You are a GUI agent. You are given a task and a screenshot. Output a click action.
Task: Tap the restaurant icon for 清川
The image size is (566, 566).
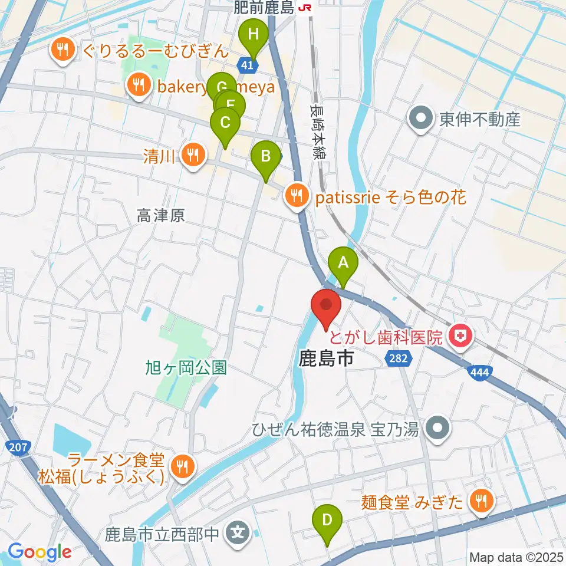[x=192, y=155]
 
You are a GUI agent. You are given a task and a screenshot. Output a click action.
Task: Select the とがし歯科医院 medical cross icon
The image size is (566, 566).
[x=460, y=337]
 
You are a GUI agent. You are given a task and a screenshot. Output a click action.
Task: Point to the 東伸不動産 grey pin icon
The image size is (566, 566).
[x=422, y=119]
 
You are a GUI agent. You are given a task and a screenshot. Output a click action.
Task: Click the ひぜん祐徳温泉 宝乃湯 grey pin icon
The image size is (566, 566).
[x=437, y=428]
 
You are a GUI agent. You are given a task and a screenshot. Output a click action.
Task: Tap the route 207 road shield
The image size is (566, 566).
[x=18, y=447]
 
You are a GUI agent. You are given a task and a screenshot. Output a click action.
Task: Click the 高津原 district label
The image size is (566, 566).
[x=162, y=216]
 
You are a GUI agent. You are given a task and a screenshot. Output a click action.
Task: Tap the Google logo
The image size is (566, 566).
[x=40, y=552]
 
